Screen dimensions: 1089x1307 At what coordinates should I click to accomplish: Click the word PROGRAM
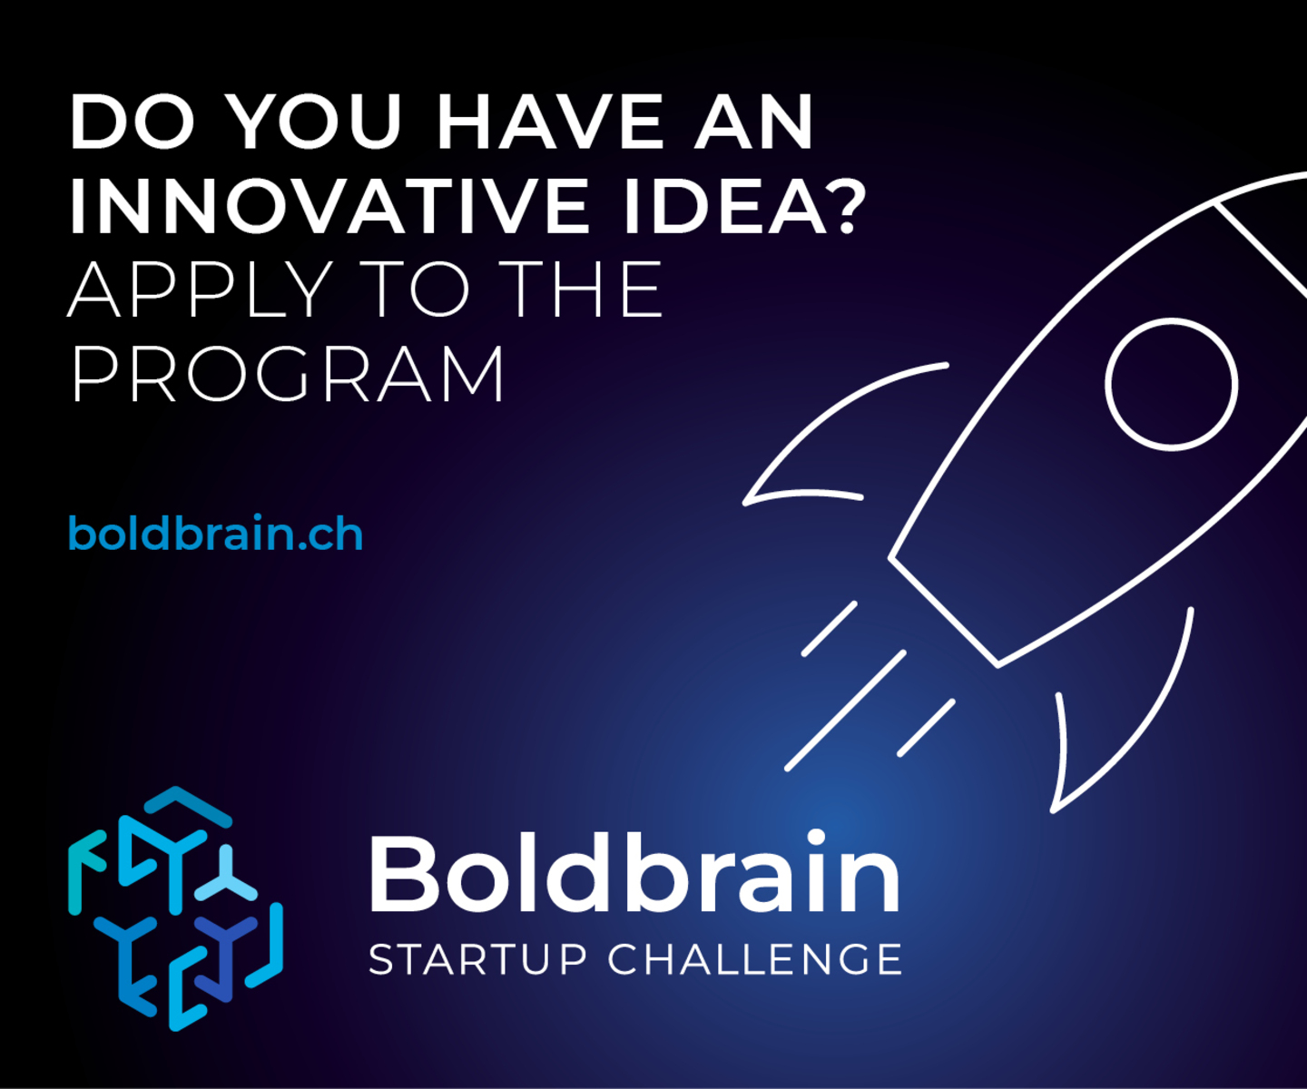(x=288, y=373)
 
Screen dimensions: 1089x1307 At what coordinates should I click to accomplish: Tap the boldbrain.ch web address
(x=216, y=534)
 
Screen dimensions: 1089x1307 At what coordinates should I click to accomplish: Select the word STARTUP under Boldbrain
(x=477, y=960)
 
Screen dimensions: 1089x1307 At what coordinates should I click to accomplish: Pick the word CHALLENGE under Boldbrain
(x=755, y=960)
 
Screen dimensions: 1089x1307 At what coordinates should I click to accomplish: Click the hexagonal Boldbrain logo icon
(x=175, y=907)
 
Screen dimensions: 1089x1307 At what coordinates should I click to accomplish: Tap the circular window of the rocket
(x=1171, y=383)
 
